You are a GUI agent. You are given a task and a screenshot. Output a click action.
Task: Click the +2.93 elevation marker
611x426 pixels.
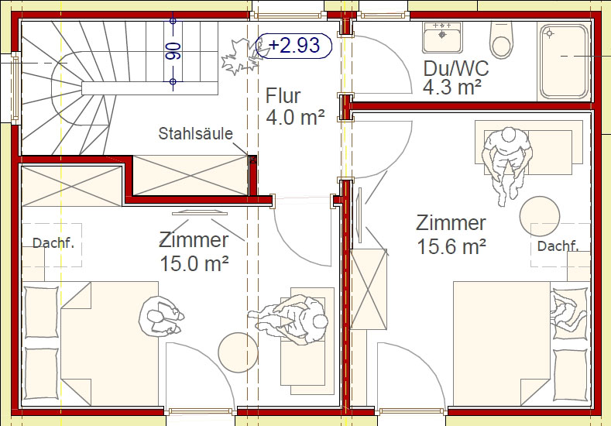pyautogui.click(x=293, y=46)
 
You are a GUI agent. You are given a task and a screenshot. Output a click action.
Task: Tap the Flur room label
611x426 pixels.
pyautogui.click(x=283, y=96)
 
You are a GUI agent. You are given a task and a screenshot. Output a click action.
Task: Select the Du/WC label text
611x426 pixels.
pyautogui.click(x=456, y=68)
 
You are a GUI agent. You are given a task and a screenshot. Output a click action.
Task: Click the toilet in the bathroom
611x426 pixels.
pyautogui.click(x=501, y=40)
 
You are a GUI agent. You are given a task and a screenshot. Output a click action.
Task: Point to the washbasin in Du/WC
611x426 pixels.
pyautogui.click(x=442, y=37)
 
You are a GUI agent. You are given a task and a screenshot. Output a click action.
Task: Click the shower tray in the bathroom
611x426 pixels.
pyautogui.click(x=565, y=61)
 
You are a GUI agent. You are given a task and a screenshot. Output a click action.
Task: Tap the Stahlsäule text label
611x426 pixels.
pyautogui.click(x=196, y=134)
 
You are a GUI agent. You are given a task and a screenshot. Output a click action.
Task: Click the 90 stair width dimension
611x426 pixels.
pyautogui.click(x=173, y=51)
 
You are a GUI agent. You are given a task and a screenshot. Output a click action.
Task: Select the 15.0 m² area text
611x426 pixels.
pyautogui.click(x=194, y=264)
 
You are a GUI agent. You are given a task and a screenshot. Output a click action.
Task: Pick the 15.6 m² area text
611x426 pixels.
pyautogui.click(x=451, y=247)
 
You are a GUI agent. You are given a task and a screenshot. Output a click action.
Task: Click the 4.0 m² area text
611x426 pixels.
pyautogui.click(x=295, y=117)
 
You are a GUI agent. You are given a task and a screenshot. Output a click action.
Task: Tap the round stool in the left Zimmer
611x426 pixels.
pyautogui.click(x=238, y=352)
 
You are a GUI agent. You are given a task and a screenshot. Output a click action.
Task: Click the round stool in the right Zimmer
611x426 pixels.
pyautogui.click(x=539, y=216)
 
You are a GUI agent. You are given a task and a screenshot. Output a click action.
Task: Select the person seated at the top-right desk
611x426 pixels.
pyautogui.click(x=507, y=164)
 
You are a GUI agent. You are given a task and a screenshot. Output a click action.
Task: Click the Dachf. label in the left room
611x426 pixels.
pyautogui.click(x=53, y=243)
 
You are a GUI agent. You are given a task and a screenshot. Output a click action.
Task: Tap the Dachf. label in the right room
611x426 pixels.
pyautogui.click(x=558, y=246)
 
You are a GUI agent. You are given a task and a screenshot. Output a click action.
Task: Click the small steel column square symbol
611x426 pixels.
pyautogui.click(x=252, y=159)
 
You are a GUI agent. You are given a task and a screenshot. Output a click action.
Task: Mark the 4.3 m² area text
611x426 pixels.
pyautogui.click(x=452, y=87)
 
